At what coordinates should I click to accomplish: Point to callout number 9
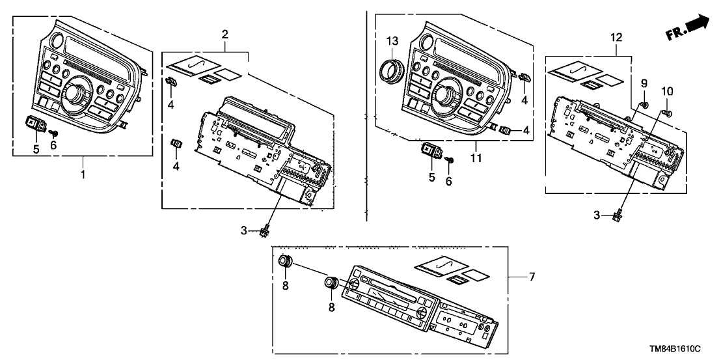point(644,83)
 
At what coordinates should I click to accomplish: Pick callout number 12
point(616,38)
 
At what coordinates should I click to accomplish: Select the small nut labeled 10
point(666,112)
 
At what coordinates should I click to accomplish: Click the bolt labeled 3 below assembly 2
point(265,230)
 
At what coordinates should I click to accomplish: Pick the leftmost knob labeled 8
point(285,261)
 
